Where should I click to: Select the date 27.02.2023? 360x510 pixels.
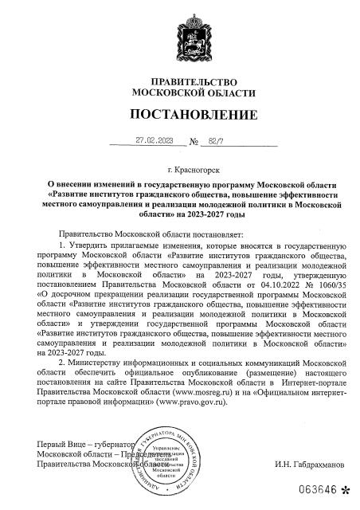coord(155,141)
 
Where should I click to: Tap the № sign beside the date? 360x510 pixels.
coord(194,143)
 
